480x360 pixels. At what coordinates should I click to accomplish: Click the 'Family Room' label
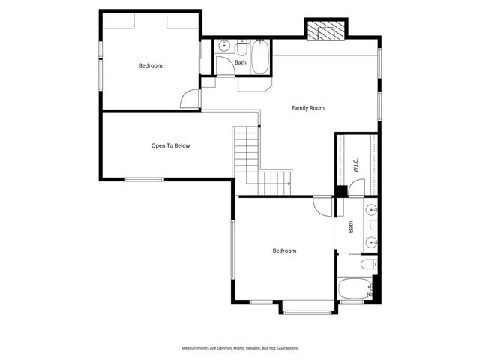coord(307,109)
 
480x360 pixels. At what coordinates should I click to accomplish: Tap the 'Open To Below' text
coord(170,145)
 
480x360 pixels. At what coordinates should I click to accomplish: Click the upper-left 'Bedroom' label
coord(150,66)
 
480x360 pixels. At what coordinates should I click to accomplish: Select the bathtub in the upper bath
coord(259,57)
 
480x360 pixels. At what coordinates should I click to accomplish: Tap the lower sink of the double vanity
coord(372,241)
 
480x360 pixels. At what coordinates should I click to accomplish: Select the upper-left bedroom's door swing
coord(191,99)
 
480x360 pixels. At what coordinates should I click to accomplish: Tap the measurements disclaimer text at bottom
coord(240,348)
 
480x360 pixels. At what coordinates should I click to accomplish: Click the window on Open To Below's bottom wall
coord(143,179)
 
